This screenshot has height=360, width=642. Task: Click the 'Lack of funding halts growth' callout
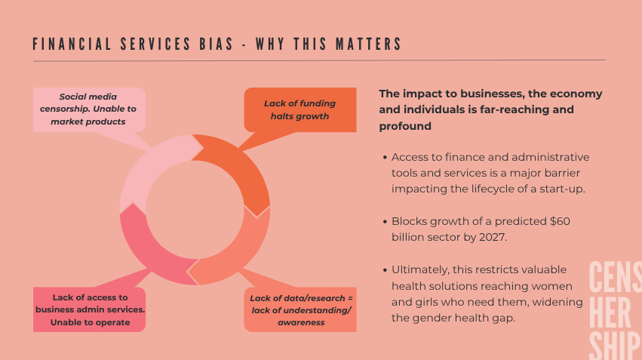click(x=299, y=109)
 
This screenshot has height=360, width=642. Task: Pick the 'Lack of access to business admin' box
click(x=89, y=309)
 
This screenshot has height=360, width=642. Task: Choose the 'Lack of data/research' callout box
click(x=300, y=310)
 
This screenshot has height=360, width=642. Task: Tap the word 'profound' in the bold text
click(x=405, y=126)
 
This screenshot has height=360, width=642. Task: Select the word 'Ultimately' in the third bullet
click(x=419, y=269)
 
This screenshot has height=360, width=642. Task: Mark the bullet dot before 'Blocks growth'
click(x=385, y=223)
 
